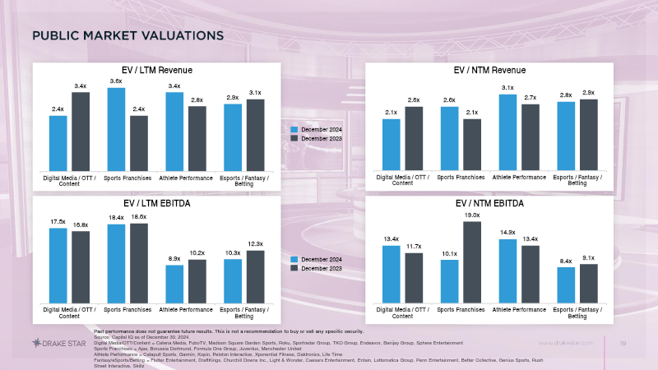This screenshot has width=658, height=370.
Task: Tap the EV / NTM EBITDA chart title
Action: [489, 203]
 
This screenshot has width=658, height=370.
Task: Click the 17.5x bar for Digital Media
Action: [58, 264]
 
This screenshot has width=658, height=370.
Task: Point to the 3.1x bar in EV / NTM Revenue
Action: [507, 132]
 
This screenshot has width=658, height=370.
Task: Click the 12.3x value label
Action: [255, 244]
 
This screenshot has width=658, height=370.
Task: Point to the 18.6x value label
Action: [139, 216]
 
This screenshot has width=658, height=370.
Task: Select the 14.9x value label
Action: [507, 232]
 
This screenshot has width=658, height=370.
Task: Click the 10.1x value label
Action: [449, 253]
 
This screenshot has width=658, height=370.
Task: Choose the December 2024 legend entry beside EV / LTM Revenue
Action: [321, 130]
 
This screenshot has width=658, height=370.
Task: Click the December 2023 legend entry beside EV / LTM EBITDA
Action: [321, 268]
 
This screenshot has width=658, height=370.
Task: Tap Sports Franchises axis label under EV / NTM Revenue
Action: [461, 177]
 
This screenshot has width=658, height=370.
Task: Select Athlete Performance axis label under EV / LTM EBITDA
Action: [186, 309]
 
